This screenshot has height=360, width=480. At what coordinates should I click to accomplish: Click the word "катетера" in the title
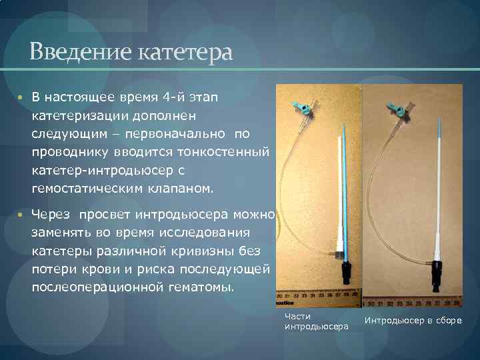pos(186,51)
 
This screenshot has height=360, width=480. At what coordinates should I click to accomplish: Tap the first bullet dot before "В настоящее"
pos(21,97)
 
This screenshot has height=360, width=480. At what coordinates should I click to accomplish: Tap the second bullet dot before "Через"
pos(21,215)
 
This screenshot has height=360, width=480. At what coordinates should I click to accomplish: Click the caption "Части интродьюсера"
pos(316,321)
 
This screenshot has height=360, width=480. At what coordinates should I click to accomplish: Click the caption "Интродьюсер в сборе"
pos(413,321)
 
